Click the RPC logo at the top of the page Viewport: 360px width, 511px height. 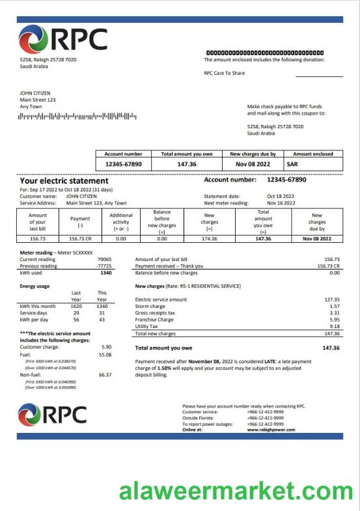[63, 40]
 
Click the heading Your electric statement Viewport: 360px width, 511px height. [64, 180]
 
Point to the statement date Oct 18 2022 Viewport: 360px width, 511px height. [281, 196]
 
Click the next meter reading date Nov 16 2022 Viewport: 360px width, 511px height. [281, 203]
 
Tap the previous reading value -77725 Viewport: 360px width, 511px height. [103, 266]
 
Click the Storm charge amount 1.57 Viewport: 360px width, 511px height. [335, 306]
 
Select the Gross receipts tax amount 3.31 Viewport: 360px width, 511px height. [335, 313]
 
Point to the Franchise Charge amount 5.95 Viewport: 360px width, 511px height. [335, 320]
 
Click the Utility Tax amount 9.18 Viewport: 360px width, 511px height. [335, 327]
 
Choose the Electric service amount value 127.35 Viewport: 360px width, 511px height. [332, 299]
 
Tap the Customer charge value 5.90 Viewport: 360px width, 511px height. [106, 347]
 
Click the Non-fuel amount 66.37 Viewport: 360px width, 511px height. [105, 375]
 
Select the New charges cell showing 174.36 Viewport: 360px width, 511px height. [210, 239]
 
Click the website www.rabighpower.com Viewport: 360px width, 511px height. [271, 430]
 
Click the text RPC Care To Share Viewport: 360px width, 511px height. [225, 73]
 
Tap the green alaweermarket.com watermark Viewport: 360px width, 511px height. [236, 490]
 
